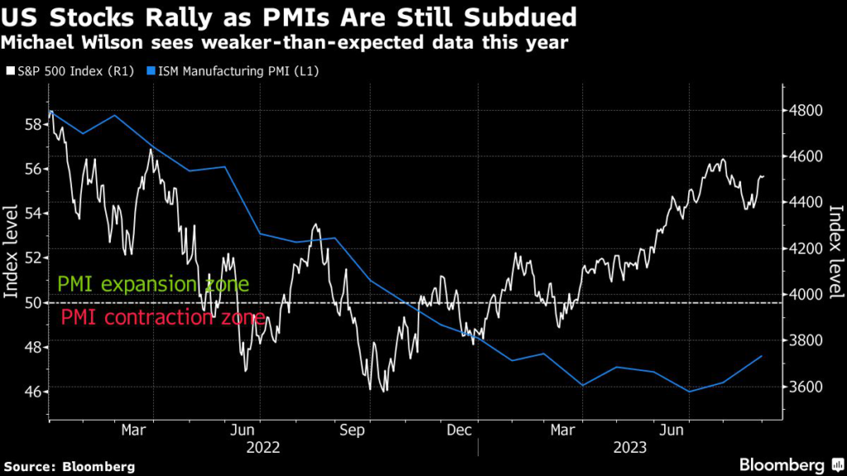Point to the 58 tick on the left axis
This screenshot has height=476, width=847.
point(34,125)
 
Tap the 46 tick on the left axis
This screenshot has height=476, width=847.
point(34,391)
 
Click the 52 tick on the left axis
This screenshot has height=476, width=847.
point(34,258)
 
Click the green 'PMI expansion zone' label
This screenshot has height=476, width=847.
point(153,286)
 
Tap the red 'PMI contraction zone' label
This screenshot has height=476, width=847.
point(163,318)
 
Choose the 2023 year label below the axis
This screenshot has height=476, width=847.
point(630,448)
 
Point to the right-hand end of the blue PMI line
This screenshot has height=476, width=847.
point(761,356)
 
